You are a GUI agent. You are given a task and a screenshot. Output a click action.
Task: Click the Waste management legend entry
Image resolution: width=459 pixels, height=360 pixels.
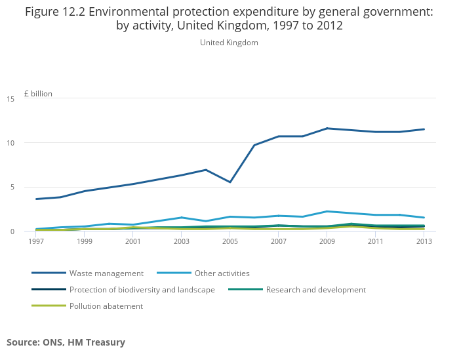106,273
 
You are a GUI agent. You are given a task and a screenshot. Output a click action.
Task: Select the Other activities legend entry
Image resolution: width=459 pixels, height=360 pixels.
222,273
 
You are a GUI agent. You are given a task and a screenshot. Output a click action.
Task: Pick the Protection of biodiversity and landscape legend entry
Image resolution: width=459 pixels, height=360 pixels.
142,290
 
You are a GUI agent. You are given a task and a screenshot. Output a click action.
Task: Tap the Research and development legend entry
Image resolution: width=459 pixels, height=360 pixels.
315,290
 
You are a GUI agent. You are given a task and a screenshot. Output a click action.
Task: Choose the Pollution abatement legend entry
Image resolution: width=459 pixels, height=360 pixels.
106,306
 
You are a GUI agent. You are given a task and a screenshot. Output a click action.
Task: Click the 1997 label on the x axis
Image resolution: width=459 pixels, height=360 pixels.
36,241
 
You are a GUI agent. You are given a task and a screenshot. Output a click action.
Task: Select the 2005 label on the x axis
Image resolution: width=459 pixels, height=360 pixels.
230,241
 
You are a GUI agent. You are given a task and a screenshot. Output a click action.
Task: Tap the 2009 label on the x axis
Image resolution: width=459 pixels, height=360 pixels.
327,241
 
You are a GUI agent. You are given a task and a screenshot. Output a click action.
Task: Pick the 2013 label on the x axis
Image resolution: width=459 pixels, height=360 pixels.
424,241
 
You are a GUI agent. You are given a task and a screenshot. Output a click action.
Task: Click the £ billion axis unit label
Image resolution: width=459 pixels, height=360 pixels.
38,94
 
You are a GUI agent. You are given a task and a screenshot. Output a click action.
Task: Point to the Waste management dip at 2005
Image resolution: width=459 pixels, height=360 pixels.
230,182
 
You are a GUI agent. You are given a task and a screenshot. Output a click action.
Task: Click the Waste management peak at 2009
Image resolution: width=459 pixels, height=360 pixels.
327,129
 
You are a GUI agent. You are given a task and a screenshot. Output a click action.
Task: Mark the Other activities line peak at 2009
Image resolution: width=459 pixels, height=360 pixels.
327,211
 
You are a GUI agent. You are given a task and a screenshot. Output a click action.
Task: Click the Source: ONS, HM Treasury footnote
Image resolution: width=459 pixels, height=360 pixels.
66,342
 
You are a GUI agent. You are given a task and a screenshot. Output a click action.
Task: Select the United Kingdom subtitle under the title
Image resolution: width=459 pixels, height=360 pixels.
229,43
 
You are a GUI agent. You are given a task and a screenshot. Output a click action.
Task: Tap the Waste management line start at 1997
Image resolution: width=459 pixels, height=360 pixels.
36,199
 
